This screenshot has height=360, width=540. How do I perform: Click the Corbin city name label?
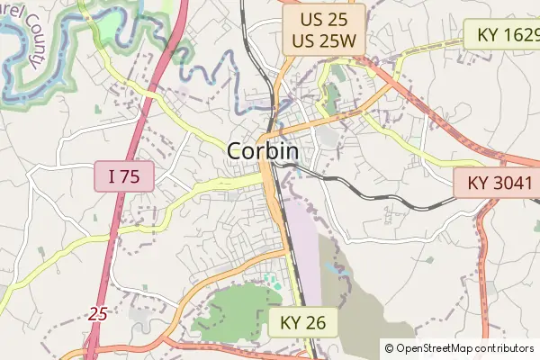263,151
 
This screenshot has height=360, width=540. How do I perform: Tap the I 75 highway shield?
124,177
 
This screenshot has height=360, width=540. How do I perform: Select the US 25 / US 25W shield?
323,28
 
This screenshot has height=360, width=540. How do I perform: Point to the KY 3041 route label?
500,184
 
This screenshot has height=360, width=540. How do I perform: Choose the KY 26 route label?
301,322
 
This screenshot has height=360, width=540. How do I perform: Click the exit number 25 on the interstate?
98,314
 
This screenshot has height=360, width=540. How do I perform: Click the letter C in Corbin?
236,151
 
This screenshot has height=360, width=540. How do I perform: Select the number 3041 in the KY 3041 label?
513,184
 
